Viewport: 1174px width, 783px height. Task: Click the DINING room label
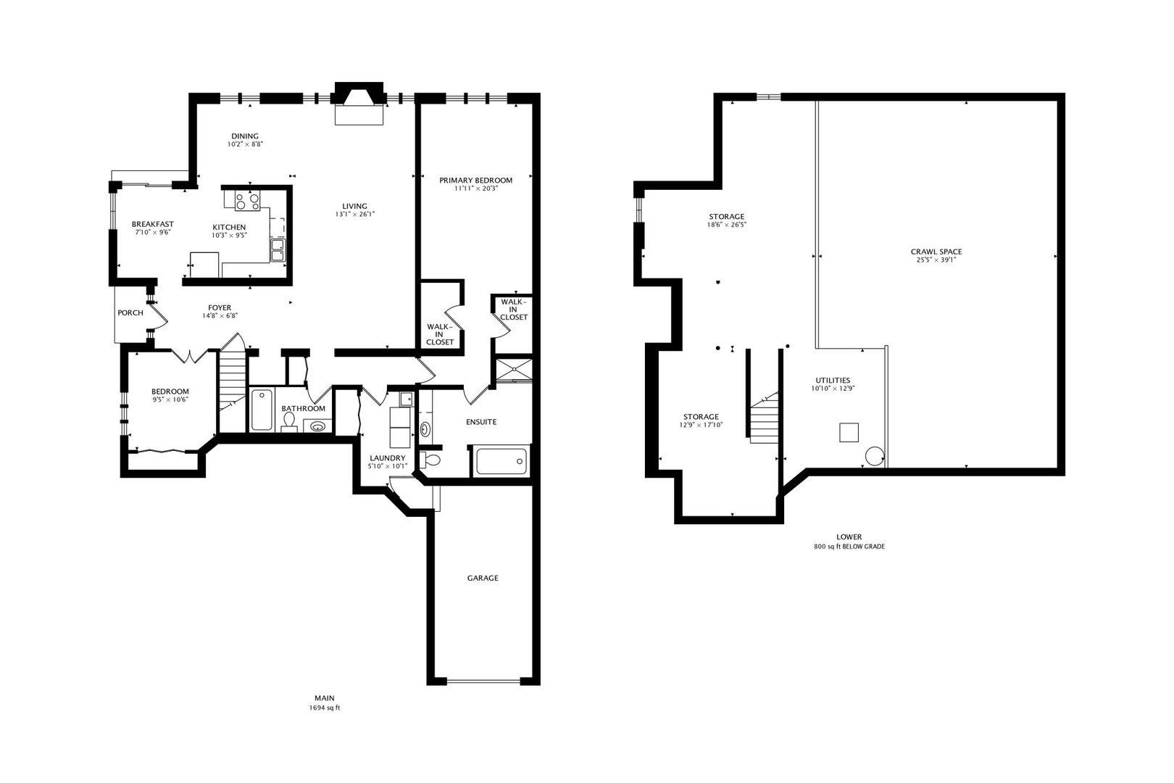click(x=244, y=136)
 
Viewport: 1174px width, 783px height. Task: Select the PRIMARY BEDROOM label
click(x=475, y=181)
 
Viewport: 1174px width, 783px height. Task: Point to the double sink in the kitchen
click(x=278, y=250)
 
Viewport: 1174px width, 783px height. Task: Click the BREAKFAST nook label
click(x=152, y=224)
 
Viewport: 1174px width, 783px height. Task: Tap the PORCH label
click(x=130, y=313)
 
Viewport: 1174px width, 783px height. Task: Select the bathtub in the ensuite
click(x=501, y=462)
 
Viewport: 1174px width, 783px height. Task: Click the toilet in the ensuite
click(x=431, y=460)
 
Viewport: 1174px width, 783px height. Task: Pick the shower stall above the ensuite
click(x=512, y=369)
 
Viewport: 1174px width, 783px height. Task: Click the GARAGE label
click(x=483, y=578)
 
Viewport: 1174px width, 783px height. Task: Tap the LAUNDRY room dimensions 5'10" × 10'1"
click(x=388, y=466)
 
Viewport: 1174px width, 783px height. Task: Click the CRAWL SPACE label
click(x=936, y=252)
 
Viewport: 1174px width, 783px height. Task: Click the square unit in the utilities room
click(x=849, y=432)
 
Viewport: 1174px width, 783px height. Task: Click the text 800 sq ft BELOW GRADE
click(x=849, y=547)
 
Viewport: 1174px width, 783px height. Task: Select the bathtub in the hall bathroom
click(x=262, y=410)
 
